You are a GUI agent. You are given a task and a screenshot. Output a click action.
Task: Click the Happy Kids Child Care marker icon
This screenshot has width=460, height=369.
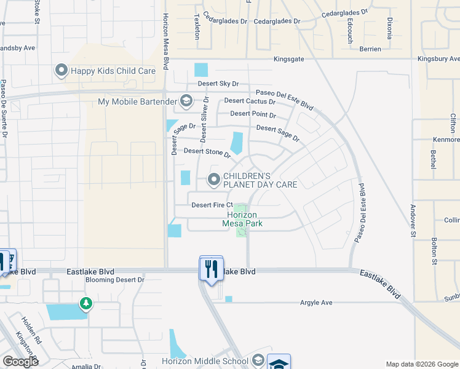tap(61, 71)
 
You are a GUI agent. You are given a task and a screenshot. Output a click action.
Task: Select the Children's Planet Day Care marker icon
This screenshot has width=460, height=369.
tap(214, 180)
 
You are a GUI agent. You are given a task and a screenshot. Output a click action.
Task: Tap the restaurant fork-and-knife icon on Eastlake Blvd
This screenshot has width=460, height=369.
tap(211, 268)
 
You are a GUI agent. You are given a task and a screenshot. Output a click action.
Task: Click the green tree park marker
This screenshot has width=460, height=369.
tap(86, 303)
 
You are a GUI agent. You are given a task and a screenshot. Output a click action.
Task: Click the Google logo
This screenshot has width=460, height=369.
tap(20, 362)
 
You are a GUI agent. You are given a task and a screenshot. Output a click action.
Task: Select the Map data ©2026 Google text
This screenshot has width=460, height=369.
tap(422, 364)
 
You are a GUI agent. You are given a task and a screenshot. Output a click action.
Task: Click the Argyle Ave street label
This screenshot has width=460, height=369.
tap(315, 303)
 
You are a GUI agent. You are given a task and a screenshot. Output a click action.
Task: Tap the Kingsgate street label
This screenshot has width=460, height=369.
tap(290, 60)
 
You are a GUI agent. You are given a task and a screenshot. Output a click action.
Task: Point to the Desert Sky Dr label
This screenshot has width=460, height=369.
tap(218, 84)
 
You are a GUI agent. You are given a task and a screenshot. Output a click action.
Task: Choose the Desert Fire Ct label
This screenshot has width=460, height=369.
tap(212, 205)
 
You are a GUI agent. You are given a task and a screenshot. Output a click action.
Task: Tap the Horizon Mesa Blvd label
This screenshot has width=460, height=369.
tap(165, 42)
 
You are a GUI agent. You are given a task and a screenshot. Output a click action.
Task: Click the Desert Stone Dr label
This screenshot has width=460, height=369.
tap(207, 151)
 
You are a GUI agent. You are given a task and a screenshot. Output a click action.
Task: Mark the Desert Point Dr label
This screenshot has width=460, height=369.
tap(253, 114)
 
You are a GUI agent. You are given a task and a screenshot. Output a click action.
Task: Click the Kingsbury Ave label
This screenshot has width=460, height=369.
tap(438, 60)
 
